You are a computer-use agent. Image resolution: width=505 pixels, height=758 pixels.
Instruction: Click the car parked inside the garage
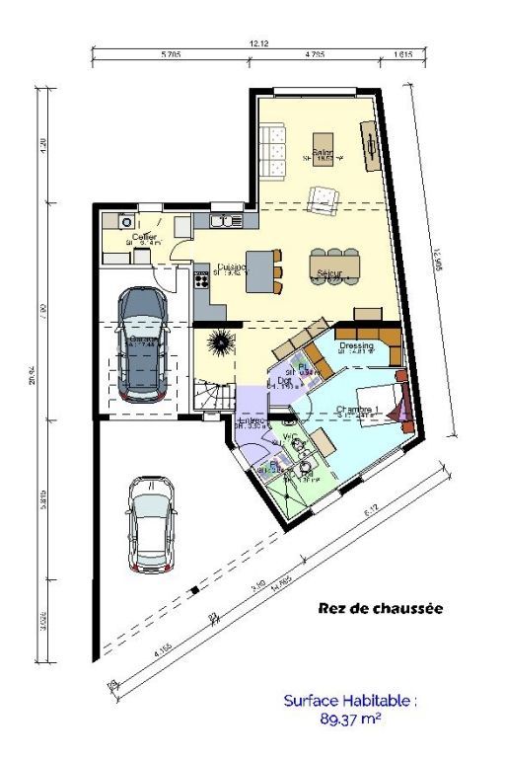click(x=142, y=344)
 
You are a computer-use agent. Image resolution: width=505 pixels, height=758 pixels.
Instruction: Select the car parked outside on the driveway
click(x=151, y=524)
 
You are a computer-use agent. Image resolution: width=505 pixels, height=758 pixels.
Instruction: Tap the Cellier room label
click(x=144, y=238)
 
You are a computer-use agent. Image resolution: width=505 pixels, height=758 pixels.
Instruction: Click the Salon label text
click(x=323, y=153)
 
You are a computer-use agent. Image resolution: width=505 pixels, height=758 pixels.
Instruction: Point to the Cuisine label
click(x=232, y=267)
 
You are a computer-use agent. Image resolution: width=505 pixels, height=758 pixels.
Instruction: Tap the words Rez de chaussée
click(x=380, y=609)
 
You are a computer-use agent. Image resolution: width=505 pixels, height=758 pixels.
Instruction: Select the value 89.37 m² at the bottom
click(x=350, y=720)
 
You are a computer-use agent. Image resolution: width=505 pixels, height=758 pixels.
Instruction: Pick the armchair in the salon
click(x=323, y=198)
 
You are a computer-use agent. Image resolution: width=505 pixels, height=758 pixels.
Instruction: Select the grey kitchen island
click(x=259, y=270)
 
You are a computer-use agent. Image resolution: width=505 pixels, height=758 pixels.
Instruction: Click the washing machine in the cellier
click(x=125, y=222)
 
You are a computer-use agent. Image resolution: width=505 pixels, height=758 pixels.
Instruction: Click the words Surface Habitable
click(x=350, y=701)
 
